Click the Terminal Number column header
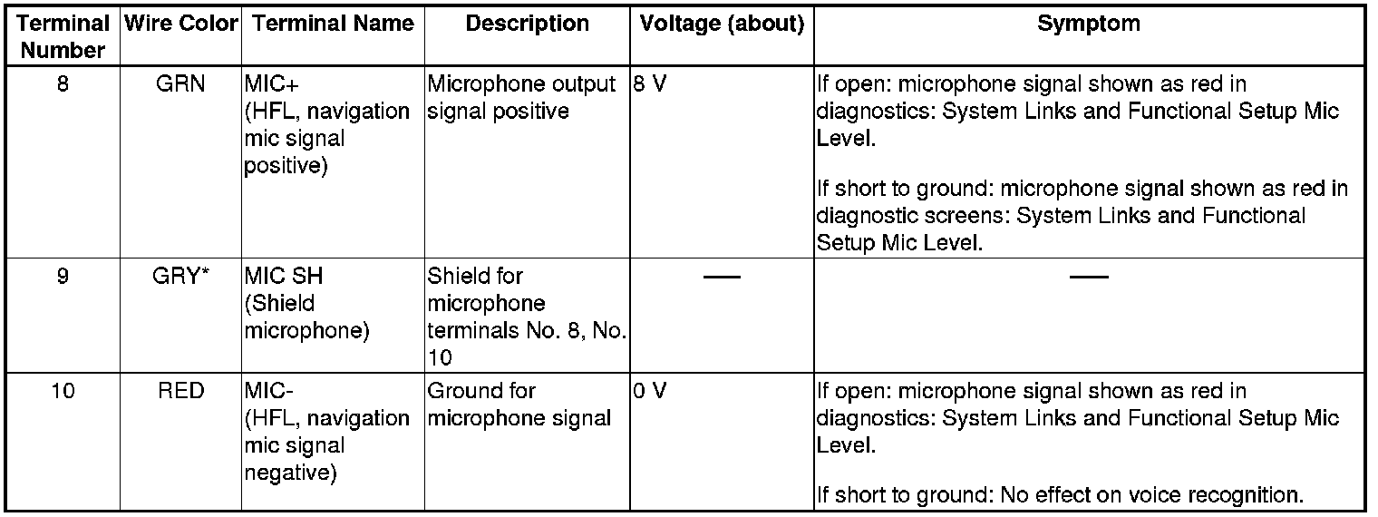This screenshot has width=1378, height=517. pos(63,37)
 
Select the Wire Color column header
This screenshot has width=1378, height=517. pos(180,24)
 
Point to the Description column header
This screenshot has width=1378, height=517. pos(527,24)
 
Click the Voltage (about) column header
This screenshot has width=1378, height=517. pos(722,24)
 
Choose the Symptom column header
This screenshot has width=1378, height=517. pos(1089,24)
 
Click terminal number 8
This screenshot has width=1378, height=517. pos(63,85)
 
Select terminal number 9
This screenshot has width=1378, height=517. pos(63,276)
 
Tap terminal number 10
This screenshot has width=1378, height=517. pos(63,391)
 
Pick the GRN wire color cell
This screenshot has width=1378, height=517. pos(180,85)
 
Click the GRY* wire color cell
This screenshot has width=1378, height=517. pos(180,276)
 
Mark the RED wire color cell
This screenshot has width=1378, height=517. pos(180,391)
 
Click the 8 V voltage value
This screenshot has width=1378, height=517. pos(651,85)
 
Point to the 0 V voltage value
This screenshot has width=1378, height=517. pos(651,391)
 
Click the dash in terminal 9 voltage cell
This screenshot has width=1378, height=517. pos(722,276)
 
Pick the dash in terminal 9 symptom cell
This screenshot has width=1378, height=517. pos(1089,276)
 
